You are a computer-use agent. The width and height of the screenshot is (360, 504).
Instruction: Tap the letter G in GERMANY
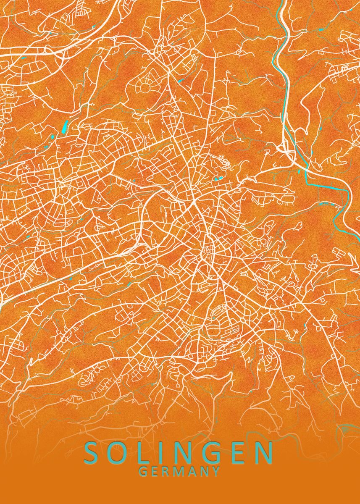tap(143, 472)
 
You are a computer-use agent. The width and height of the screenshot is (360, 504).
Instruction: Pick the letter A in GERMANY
tap(192, 472)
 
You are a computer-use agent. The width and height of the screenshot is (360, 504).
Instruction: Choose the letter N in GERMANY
tap(204, 472)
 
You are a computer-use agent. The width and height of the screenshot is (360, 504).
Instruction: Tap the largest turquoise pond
tap(65, 126)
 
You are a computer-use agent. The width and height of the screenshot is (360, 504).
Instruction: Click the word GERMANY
tap(179, 472)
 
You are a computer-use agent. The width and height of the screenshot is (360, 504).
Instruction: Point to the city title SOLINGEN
tap(179, 453)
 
